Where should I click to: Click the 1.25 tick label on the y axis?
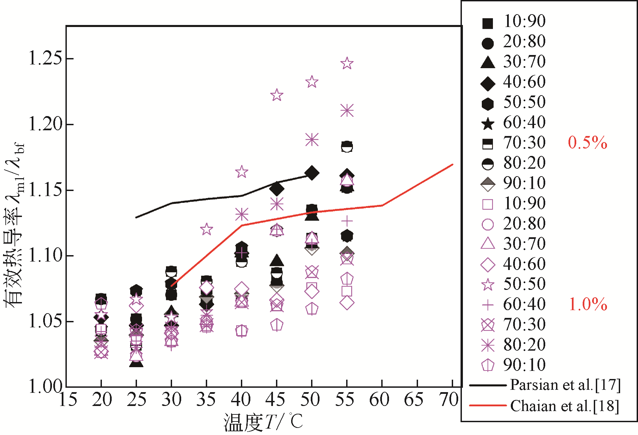(x=46, y=58)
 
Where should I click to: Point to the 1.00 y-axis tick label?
(x=46, y=386)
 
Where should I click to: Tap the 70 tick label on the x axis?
(x=449, y=400)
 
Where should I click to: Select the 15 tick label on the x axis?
(x=68, y=400)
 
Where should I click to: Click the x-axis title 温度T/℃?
(x=263, y=422)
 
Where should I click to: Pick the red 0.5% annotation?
(x=587, y=143)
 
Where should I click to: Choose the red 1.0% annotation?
(x=588, y=304)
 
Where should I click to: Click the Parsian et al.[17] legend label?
(x=565, y=385)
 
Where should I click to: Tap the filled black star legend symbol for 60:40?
(x=488, y=124)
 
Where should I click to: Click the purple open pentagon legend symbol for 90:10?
(x=488, y=365)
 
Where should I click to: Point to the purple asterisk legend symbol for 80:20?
(x=488, y=345)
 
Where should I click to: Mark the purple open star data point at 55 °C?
(x=347, y=63)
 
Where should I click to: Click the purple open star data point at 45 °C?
(x=277, y=95)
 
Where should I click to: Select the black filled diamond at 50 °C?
(x=312, y=173)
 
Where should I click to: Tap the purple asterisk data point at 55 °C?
(x=347, y=111)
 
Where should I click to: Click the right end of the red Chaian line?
(x=452, y=164)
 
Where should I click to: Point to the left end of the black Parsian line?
(x=136, y=217)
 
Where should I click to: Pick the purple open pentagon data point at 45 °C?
(x=277, y=325)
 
